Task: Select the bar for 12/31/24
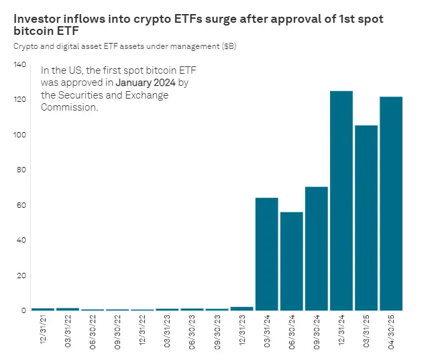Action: point(341,200)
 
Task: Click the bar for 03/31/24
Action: point(267,254)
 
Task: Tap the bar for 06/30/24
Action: point(292,261)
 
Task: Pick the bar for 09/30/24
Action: point(317,248)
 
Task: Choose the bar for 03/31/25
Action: point(366,218)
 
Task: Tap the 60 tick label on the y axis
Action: point(21,205)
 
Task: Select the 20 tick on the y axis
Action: point(21,276)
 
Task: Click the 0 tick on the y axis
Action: point(23,310)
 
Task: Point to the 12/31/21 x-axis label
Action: point(43,333)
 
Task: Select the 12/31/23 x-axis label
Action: point(242,333)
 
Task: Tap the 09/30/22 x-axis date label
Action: point(118,333)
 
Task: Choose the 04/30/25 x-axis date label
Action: point(391,333)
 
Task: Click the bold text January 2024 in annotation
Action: point(146,82)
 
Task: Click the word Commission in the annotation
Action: point(69,107)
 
